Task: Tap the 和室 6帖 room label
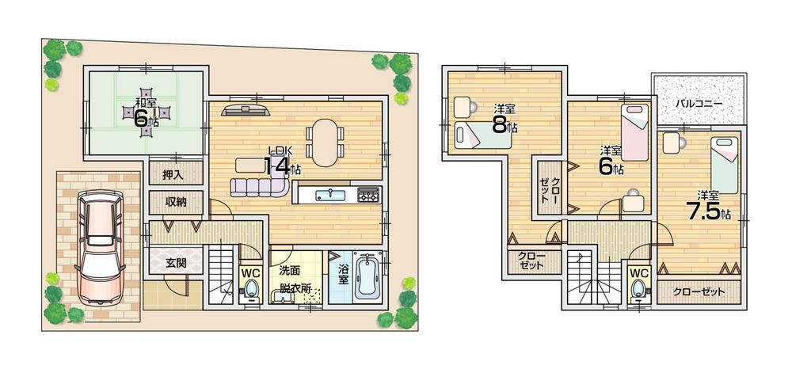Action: pyautogui.click(x=145, y=113)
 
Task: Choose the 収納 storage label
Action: pyautogui.click(x=176, y=202)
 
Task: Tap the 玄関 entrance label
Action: pyautogui.click(x=175, y=263)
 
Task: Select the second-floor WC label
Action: pyautogui.click(x=638, y=272)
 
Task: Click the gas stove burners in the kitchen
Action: pyautogui.click(x=368, y=194)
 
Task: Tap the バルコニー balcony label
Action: pyautogui.click(x=698, y=103)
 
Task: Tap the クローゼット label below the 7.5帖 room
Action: pyautogui.click(x=699, y=291)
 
